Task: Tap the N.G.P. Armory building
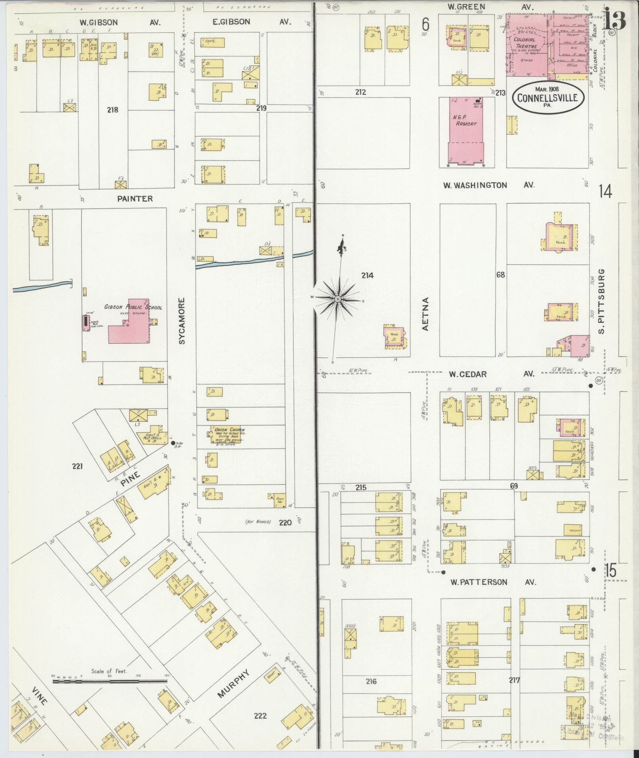(466, 131)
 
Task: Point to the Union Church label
(229, 430)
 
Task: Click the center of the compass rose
(338, 298)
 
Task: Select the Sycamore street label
(182, 321)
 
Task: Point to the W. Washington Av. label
(488, 185)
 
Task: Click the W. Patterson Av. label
(493, 582)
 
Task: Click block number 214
(367, 275)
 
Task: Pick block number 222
(260, 716)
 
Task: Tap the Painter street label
(135, 199)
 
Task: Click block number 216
(371, 682)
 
